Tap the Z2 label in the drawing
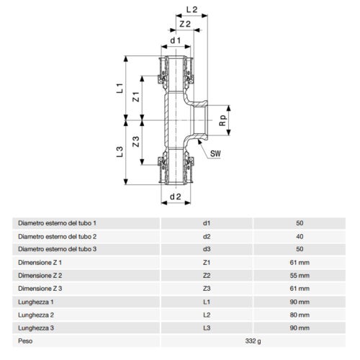coord(185,24)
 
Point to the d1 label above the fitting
coord(174,41)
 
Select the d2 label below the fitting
coord(174,196)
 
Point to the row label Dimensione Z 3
coord(41,287)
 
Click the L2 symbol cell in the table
coord(207,313)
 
